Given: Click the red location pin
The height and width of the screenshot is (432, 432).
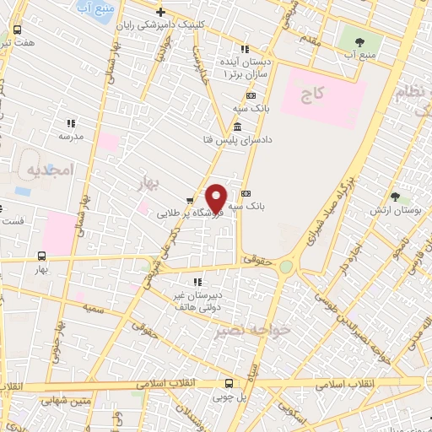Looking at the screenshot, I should tap(216, 197).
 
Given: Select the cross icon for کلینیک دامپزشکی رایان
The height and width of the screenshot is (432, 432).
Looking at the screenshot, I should tap(160, 12).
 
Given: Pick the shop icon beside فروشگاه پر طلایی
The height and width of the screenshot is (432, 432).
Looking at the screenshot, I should tap(190, 201).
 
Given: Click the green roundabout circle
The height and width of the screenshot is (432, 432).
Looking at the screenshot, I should tap(286, 267).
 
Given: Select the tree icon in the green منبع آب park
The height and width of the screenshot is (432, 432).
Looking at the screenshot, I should tap(360, 41).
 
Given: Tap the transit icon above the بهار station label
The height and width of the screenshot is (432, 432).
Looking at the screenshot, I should tap(42, 256).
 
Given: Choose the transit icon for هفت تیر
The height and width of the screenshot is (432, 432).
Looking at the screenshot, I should tap(18, 30).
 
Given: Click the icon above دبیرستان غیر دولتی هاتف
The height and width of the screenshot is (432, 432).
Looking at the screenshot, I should tap(197, 282).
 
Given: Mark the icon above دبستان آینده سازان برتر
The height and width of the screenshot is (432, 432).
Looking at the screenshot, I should tap(246, 50).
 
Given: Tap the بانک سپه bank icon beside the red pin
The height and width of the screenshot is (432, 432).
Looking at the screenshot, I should tap(246, 193).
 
